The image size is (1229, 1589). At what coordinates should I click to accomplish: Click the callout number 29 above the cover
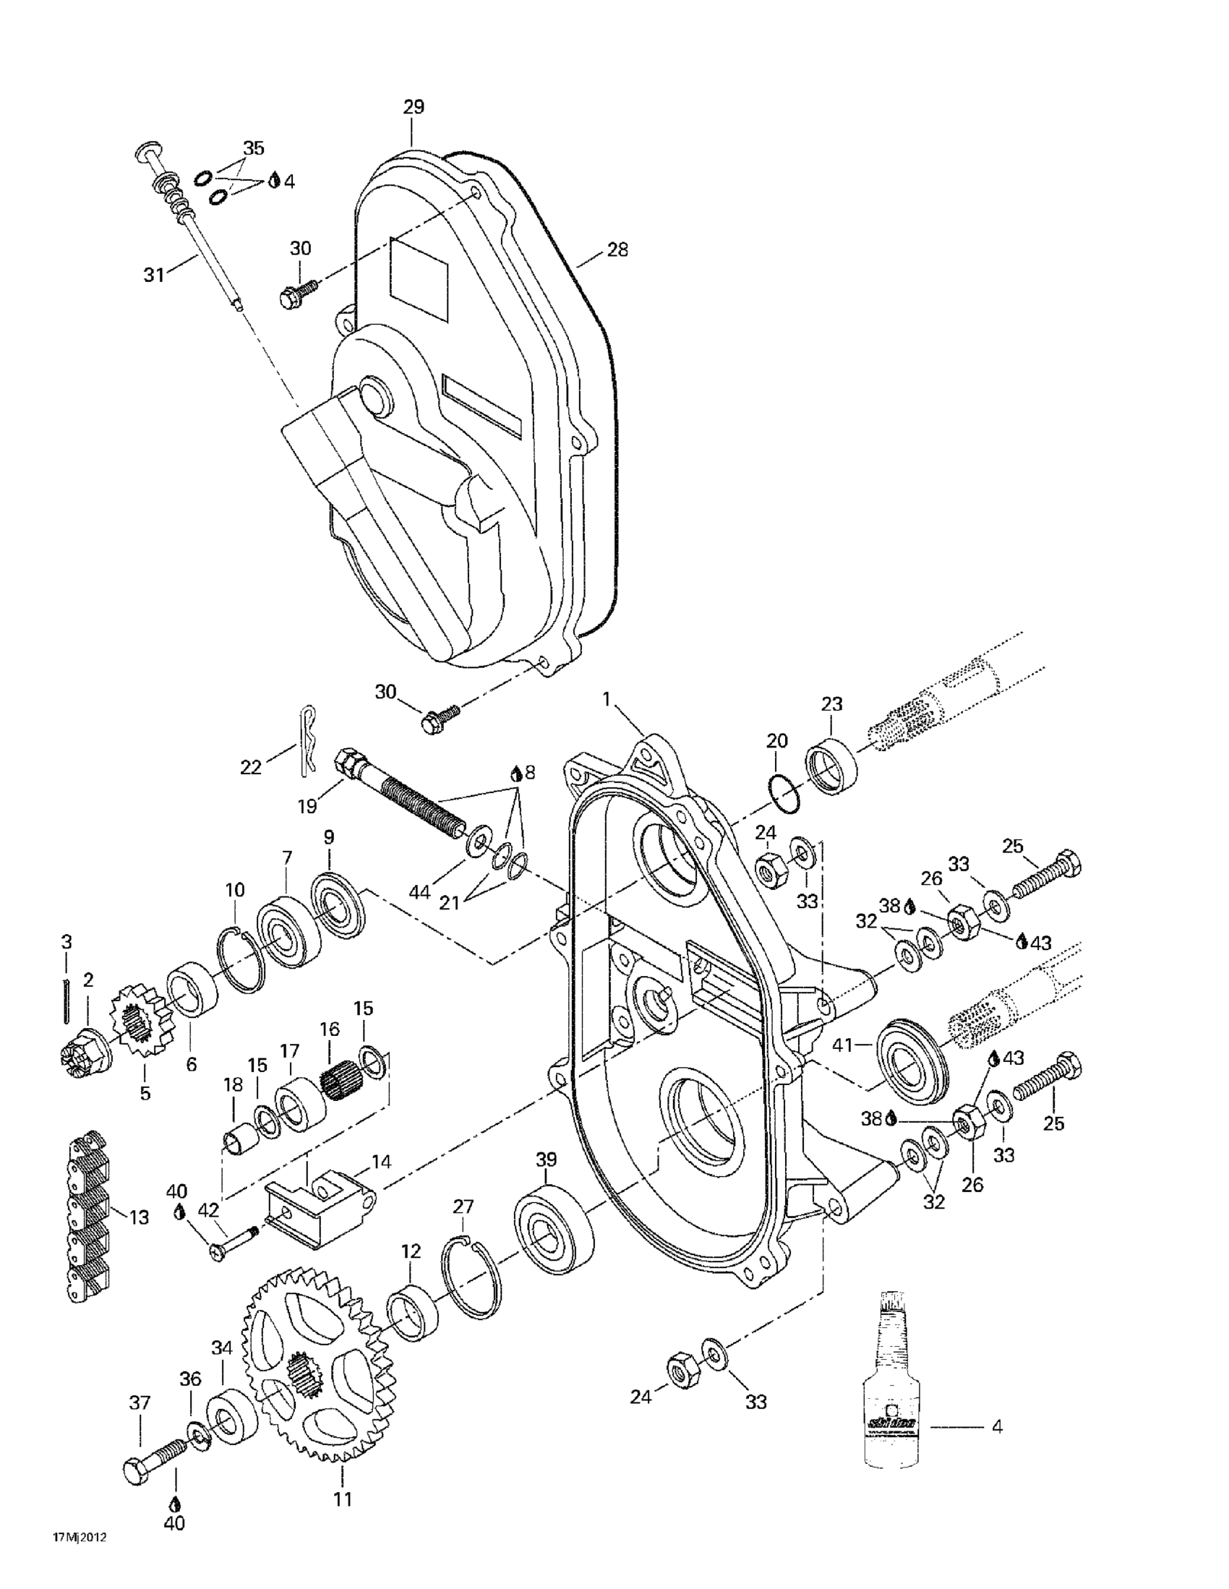(x=414, y=107)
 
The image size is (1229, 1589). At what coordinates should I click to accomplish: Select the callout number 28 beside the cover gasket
(x=618, y=250)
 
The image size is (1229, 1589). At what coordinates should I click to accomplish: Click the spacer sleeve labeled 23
(x=830, y=766)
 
